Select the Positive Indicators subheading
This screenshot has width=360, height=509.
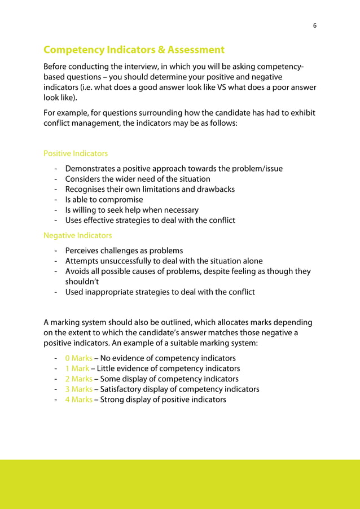[x=76, y=153]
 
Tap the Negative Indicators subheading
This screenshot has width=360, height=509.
[x=77, y=235]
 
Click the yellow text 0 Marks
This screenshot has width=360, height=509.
[x=78, y=358]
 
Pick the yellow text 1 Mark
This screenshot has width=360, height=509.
[x=77, y=368]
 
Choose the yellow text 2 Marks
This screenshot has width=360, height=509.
[x=78, y=379]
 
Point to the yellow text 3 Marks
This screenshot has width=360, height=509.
[x=78, y=389]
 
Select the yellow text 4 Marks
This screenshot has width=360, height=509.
[x=78, y=400]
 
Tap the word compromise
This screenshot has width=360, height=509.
[x=118, y=200]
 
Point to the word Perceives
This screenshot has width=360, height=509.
[x=83, y=251]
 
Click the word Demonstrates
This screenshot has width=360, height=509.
[x=90, y=169]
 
